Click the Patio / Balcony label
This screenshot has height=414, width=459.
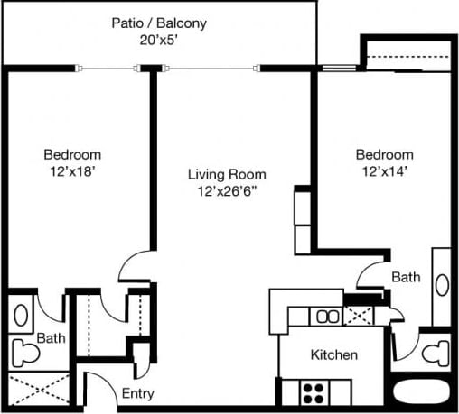click(158, 23)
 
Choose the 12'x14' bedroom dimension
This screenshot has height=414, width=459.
click(383, 170)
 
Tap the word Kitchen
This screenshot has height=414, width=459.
click(333, 354)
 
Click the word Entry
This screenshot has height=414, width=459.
click(137, 394)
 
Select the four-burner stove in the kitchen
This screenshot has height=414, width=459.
click(313, 393)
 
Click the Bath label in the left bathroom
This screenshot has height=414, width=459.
click(50, 339)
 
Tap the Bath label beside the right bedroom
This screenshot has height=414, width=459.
click(406, 277)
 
